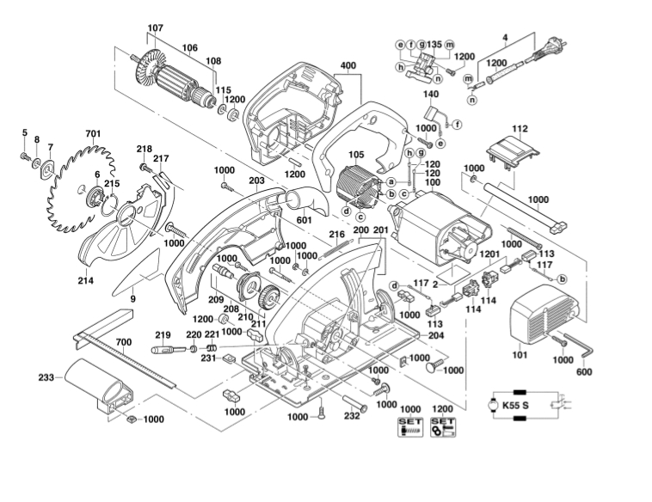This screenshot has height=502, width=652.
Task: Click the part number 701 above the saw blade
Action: [93, 134]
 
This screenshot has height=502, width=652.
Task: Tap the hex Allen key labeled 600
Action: [579, 346]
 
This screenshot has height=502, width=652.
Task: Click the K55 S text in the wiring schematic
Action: [515, 405]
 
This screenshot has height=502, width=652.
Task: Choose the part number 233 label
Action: [46, 377]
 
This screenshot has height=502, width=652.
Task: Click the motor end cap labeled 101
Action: [544, 317]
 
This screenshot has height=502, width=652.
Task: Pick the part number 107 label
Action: [155, 28]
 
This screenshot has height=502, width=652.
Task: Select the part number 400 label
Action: [348, 66]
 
